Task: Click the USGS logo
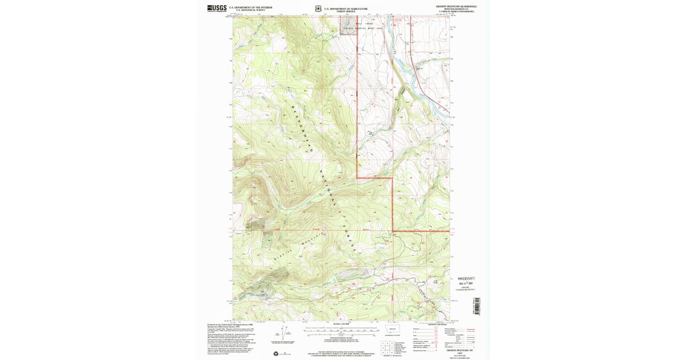point(217,8)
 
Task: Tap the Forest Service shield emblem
point(318,9)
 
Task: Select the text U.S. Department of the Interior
point(250,7)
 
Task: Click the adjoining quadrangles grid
point(386,347)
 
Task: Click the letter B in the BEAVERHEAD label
point(292,108)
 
